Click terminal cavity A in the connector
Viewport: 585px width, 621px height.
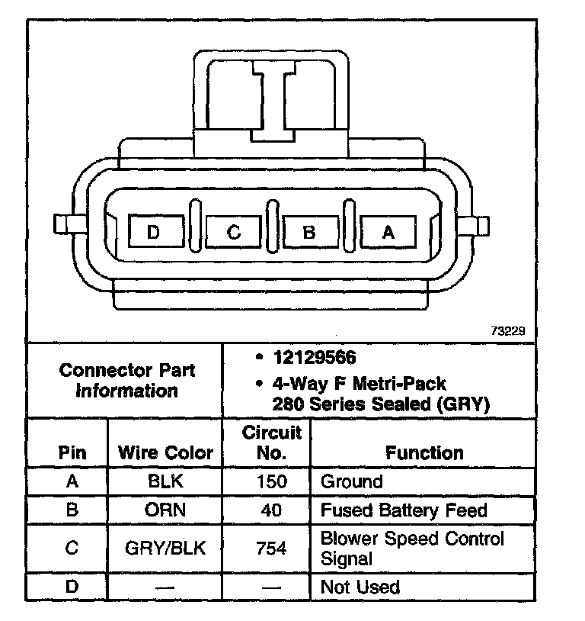[388, 231]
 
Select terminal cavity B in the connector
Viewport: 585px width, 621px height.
[310, 231]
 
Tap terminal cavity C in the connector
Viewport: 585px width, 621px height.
[234, 231]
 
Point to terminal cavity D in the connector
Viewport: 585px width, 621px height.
[155, 231]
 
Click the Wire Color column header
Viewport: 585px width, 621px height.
[165, 452]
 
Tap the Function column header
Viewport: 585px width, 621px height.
[424, 452]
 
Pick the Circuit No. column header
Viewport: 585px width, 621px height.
[271, 442]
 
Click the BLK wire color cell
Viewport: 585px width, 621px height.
[165, 482]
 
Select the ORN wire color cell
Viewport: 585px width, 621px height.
[165, 510]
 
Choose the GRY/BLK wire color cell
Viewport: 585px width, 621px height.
[165, 548]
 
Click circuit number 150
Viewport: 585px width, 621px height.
[271, 482]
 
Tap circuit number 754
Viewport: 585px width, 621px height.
[271, 548]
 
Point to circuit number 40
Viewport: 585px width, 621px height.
[271, 510]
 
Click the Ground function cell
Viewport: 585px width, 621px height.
[351, 482]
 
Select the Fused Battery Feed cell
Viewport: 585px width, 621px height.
[403, 510]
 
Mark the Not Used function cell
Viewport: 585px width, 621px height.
[360, 586]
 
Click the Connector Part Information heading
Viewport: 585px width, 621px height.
[126, 380]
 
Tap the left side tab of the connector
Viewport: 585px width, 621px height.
[64, 225]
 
